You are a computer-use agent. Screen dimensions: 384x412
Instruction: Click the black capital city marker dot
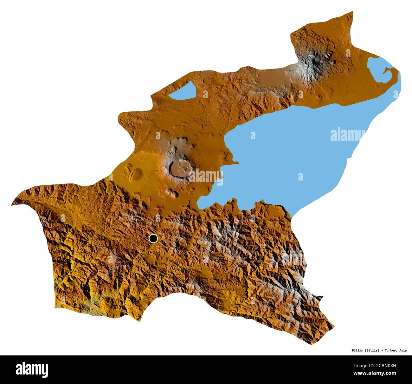pyautogui.click(x=153, y=238)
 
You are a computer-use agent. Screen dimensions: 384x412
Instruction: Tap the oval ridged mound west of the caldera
pyautogui.click(x=136, y=173)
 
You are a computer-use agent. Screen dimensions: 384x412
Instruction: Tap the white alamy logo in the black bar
pyautogui.click(x=32, y=370)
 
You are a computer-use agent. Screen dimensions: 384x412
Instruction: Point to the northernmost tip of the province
pyautogui.click(x=352, y=12)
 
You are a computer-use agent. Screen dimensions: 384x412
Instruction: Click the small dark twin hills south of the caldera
pyautogui.click(x=172, y=192)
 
